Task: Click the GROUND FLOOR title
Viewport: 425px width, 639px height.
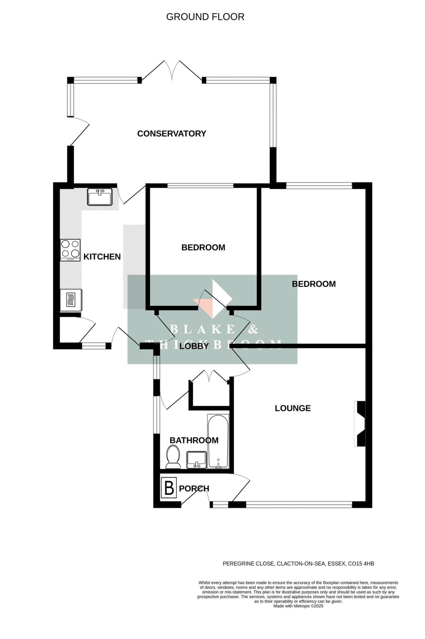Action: tap(205, 17)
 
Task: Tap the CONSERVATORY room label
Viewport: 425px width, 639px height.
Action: tap(172, 134)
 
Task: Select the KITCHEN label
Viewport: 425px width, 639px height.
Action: tap(102, 257)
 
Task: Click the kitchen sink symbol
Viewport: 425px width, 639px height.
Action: tap(100, 197)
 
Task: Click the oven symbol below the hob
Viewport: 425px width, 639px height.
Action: tap(71, 300)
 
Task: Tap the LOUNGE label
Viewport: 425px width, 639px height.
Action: tap(293, 408)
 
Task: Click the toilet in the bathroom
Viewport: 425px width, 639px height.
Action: tap(173, 457)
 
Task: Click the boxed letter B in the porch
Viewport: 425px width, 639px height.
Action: tap(169, 488)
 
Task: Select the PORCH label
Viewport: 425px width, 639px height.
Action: tap(194, 489)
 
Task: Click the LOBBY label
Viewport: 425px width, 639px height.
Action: tap(194, 346)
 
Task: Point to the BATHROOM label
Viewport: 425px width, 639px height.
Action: tap(194, 440)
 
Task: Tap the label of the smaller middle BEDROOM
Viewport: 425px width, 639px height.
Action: tap(203, 247)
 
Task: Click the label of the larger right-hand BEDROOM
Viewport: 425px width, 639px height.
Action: tap(314, 284)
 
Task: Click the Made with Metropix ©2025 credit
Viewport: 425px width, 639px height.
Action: tap(298, 606)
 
